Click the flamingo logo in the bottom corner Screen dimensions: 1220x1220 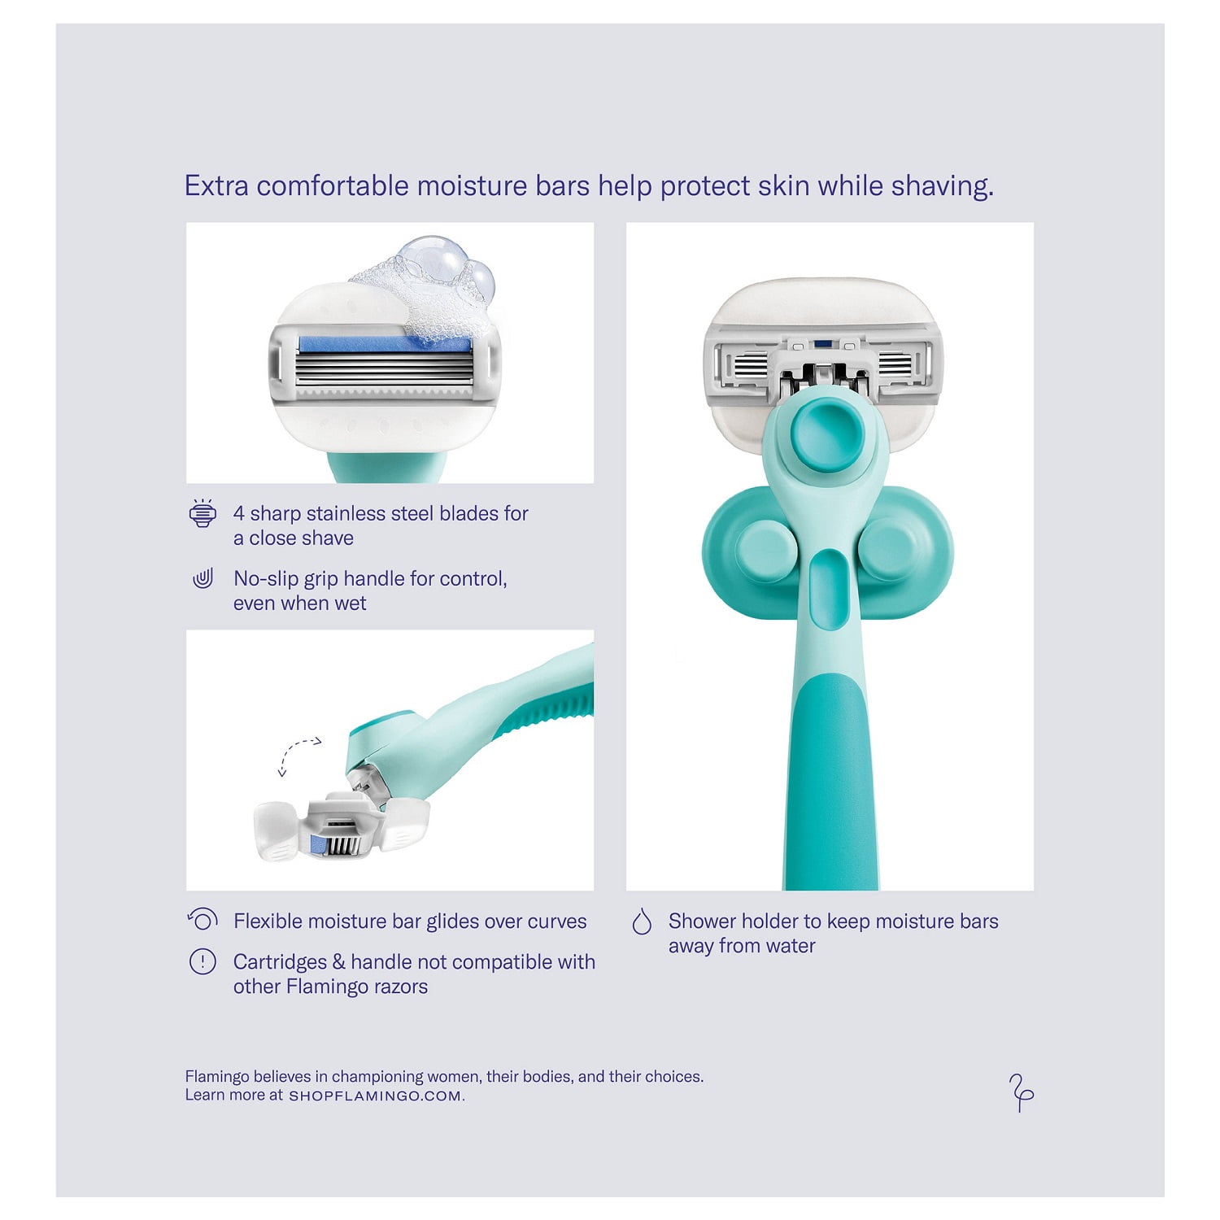click(x=1021, y=1092)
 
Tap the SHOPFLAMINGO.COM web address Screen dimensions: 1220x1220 click(x=375, y=1096)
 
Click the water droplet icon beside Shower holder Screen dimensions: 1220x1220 click(x=642, y=922)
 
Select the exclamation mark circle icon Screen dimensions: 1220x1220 click(x=203, y=962)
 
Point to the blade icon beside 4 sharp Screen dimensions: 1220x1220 click(x=203, y=513)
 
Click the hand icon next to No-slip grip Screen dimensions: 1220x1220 click(x=203, y=579)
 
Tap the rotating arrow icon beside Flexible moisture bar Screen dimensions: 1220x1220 click(x=203, y=920)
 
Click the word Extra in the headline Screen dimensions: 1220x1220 click(x=216, y=185)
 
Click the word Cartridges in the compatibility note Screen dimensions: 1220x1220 click(x=280, y=962)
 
